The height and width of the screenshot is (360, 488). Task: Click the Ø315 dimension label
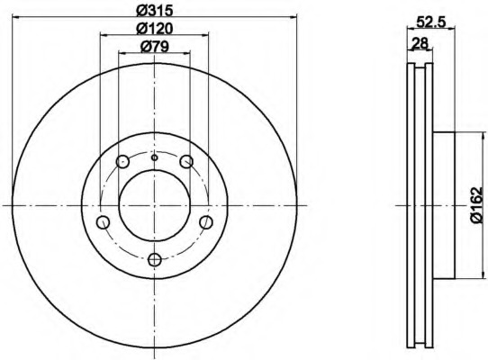click(155, 11)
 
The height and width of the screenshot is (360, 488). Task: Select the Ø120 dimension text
click(155, 29)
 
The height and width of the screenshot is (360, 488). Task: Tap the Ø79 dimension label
click(155, 47)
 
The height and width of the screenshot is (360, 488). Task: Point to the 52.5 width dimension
click(431, 22)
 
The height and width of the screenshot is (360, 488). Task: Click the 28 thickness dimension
click(420, 42)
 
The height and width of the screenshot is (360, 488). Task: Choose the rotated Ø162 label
click(476, 204)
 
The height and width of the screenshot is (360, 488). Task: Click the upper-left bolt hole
click(122, 161)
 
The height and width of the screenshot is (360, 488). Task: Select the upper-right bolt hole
click(186, 161)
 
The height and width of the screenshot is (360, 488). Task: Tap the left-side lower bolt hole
click(103, 222)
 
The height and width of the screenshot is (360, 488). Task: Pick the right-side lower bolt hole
click(206, 222)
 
